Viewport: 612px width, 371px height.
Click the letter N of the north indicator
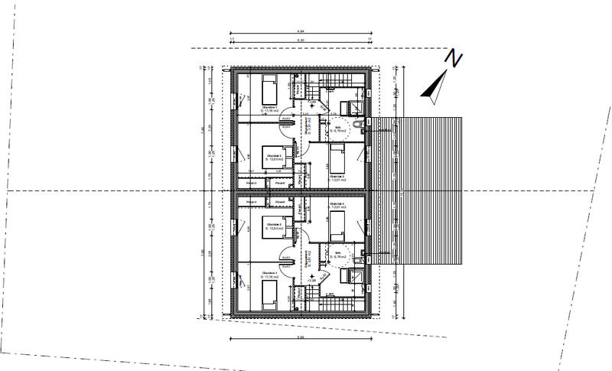click(x=455, y=58)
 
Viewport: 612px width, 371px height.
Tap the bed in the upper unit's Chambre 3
click(x=337, y=159)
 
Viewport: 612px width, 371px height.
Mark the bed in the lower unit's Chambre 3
click(x=337, y=222)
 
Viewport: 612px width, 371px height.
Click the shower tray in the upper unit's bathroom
click(x=354, y=108)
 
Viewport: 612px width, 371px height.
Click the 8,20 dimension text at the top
click(x=301, y=39)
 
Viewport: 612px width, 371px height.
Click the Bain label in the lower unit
click(x=337, y=253)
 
